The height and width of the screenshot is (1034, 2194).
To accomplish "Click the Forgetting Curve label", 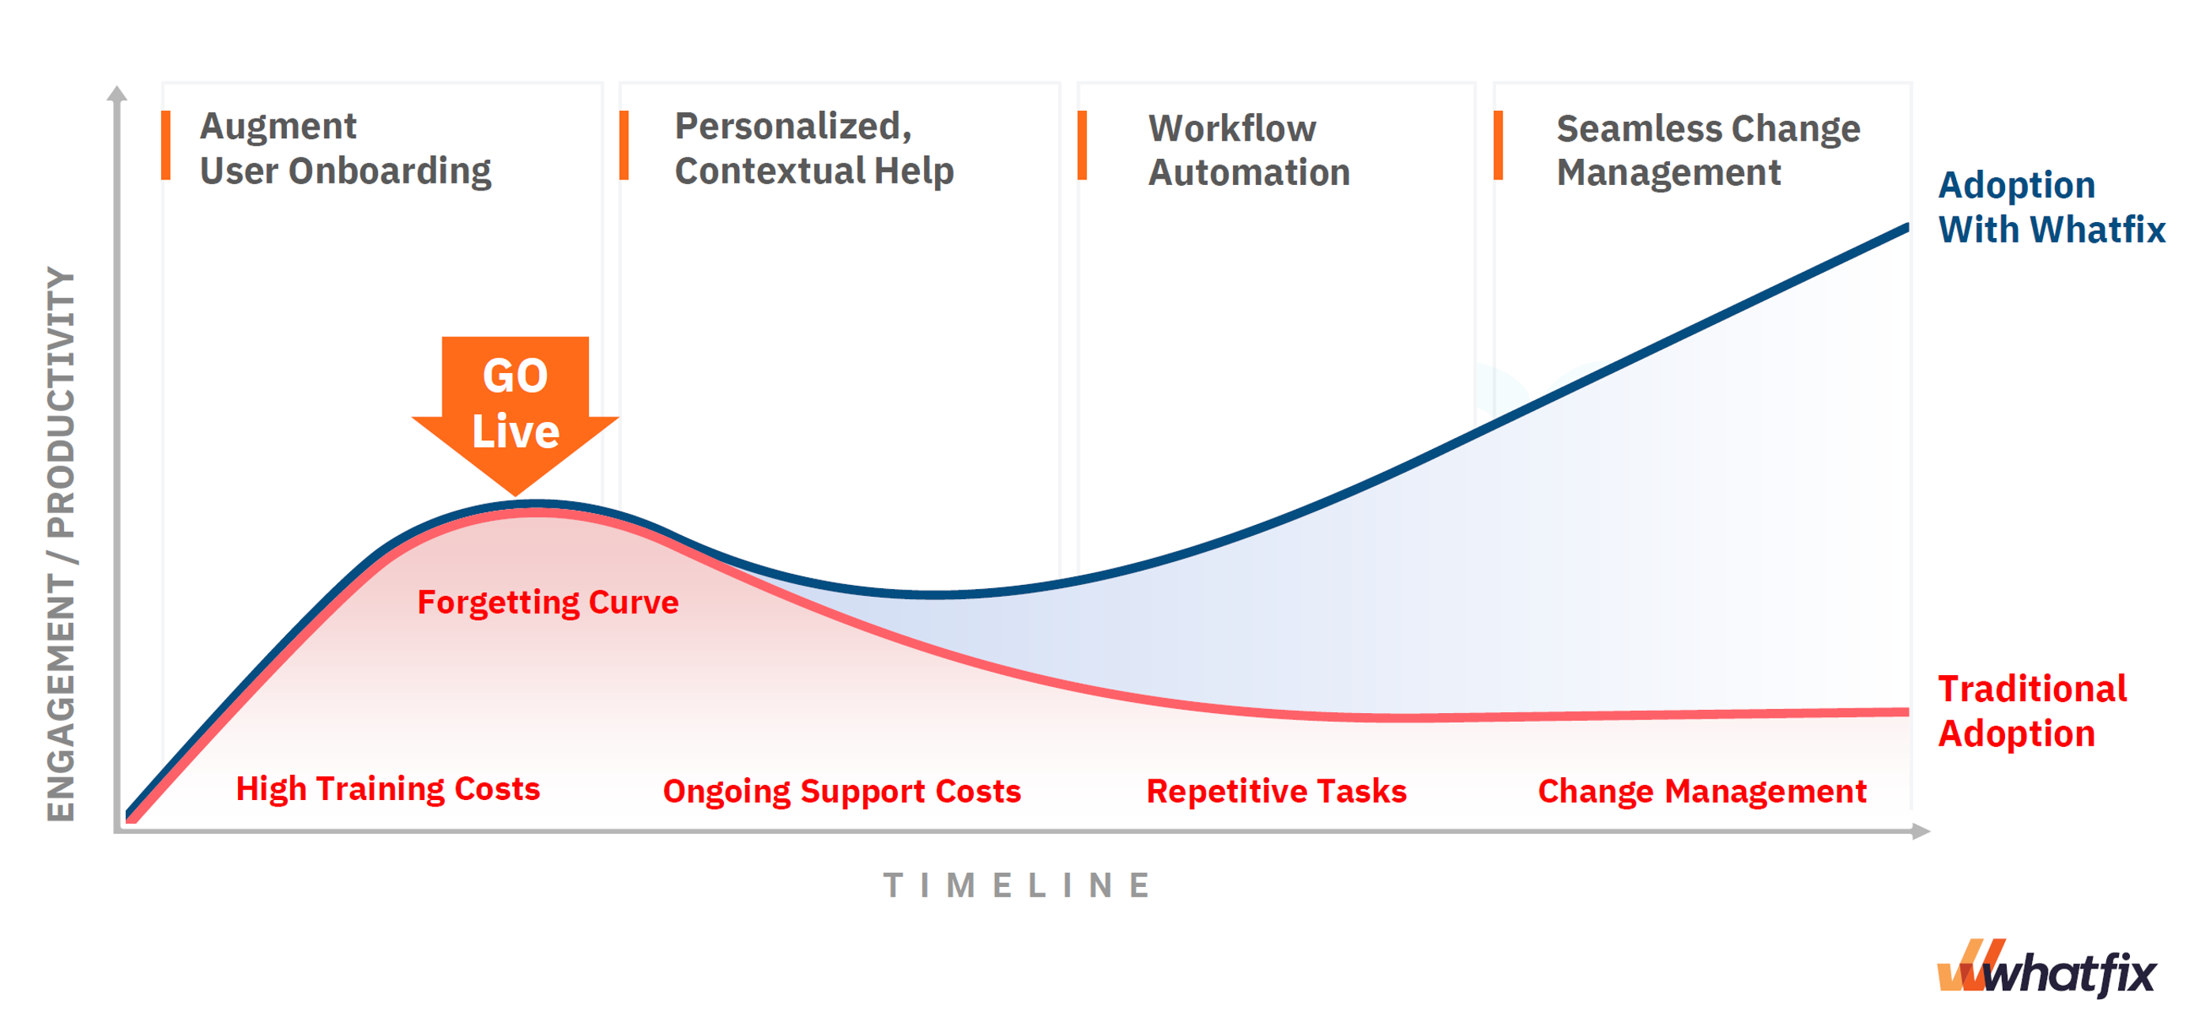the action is [x=548, y=603].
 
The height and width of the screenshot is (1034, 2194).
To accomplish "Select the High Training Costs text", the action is [x=387, y=789].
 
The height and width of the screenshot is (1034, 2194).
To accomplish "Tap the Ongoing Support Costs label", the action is [x=842, y=791].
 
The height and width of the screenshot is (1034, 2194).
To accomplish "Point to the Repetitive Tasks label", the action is [x=1276, y=791].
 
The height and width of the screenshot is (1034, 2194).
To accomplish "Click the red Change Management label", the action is [x=1702, y=791].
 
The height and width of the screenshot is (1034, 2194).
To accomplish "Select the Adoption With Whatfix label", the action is [x=2051, y=207].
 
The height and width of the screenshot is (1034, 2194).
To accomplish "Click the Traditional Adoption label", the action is [x=2032, y=711].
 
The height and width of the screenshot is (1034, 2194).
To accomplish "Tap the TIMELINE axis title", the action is [x=1018, y=886].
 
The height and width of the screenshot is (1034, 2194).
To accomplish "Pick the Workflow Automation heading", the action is [x=1249, y=150].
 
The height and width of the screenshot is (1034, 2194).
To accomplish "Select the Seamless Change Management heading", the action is [x=1708, y=150].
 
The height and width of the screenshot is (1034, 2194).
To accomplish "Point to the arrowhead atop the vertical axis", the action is [x=118, y=92].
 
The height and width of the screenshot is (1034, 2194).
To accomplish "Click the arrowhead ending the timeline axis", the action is [x=1921, y=832].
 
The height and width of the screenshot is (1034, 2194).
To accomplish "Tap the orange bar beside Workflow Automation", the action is [x=1082, y=145].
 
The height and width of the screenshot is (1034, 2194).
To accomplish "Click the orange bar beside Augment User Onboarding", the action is [x=165, y=145].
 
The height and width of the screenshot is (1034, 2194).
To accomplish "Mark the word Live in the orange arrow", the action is [x=515, y=431].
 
